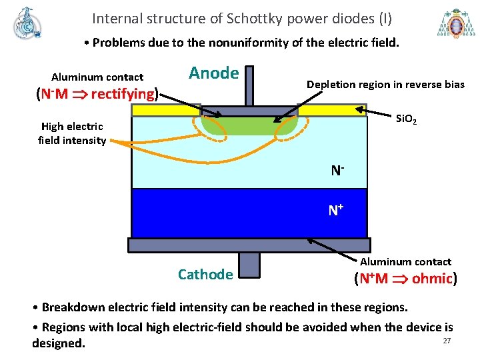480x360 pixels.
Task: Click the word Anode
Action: pyautogui.click(x=213, y=73)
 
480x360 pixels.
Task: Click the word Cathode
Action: pyautogui.click(x=205, y=274)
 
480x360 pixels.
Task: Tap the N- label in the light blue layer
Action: pyautogui.click(x=337, y=171)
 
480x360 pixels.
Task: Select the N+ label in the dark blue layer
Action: pyautogui.click(x=335, y=211)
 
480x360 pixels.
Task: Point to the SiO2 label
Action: pyautogui.click(x=406, y=120)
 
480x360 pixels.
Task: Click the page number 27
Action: pyautogui.click(x=447, y=341)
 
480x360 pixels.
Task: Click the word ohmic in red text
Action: pyautogui.click(x=432, y=278)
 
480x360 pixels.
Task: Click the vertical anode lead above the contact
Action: pyautogui.click(x=249, y=85)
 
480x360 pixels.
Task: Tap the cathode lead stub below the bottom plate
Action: pyautogui.click(x=249, y=264)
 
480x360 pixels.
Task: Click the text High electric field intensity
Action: pyautogui.click(x=72, y=133)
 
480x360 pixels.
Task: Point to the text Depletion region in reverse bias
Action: pyautogui.click(x=385, y=84)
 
